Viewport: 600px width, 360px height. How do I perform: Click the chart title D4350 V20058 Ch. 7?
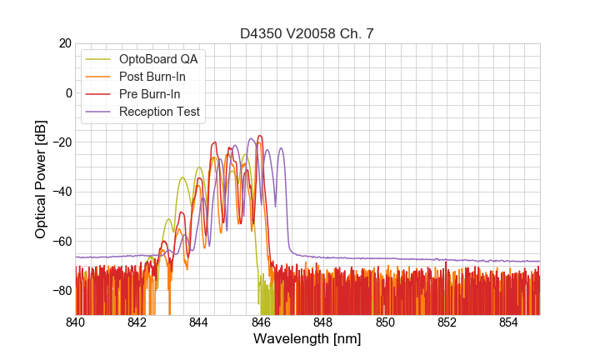[307, 33]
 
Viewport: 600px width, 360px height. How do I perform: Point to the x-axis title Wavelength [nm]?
[307, 340]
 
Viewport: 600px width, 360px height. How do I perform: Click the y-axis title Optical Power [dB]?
[41, 179]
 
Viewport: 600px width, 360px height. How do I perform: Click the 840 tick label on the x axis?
[75, 322]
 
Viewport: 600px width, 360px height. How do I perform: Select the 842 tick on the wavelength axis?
[137, 322]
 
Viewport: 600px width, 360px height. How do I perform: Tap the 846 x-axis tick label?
[261, 322]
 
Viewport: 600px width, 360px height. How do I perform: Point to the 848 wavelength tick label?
[322, 322]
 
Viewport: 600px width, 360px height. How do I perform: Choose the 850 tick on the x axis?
[385, 322]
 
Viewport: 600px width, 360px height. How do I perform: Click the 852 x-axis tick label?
[447, 322]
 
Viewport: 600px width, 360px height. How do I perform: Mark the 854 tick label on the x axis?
[508, 322]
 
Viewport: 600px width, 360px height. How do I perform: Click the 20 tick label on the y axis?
[64, 43]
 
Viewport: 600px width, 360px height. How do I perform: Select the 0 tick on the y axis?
[67, 92]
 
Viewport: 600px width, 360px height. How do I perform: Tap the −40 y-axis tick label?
[60, 192]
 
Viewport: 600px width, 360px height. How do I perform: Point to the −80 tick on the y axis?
[60, 290]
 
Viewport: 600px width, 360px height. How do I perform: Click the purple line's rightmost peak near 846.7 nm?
[282, 148]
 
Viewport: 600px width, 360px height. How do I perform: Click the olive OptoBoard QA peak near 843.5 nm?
[182, 177]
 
